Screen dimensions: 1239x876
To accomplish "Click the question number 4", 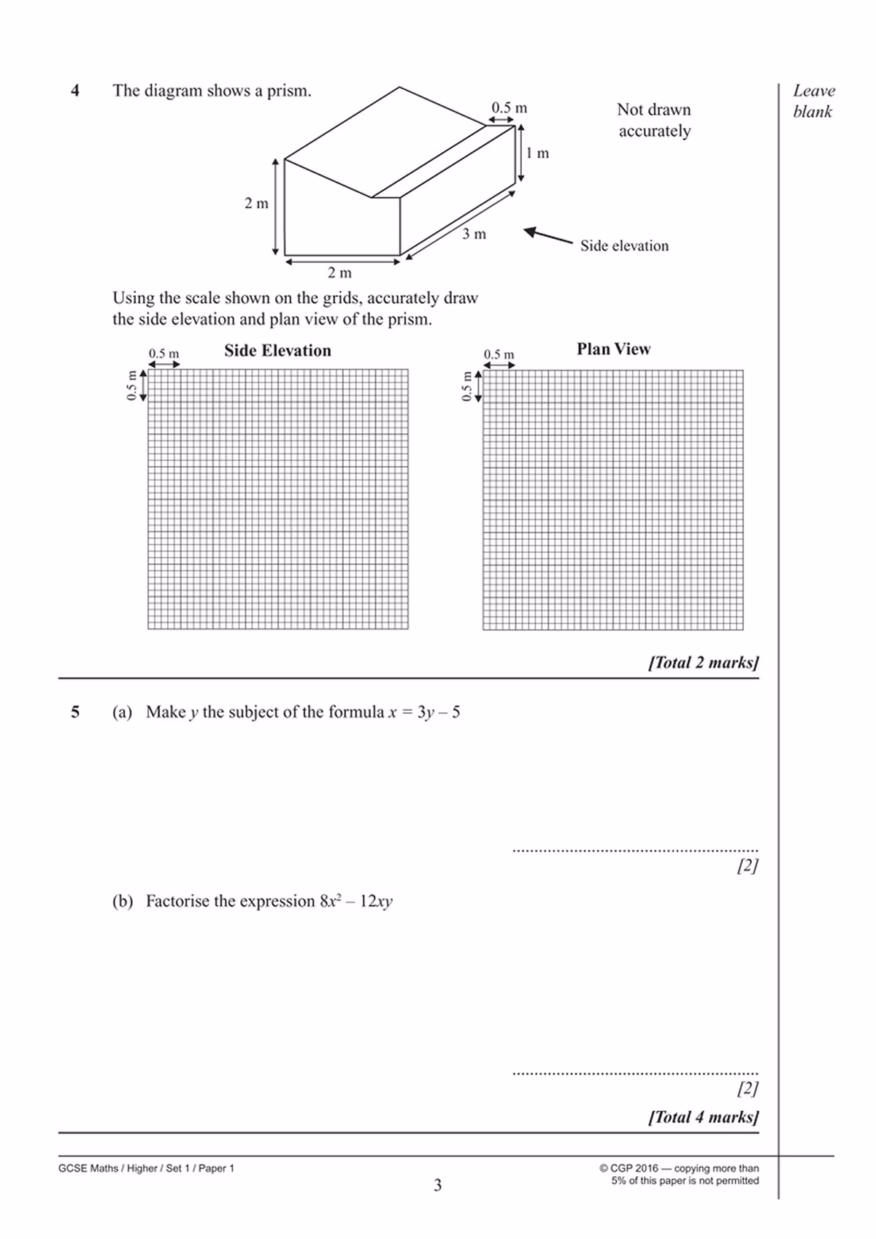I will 75,91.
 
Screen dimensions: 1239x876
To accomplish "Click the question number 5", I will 75,712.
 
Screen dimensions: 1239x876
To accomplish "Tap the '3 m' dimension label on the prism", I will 474,235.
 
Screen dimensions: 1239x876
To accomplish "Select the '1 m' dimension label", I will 537,153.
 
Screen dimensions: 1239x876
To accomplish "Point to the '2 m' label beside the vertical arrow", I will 256,204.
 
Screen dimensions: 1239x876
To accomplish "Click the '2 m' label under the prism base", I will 339,273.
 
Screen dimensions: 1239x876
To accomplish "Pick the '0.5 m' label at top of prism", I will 509,108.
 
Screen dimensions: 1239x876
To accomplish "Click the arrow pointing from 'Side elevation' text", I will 547,235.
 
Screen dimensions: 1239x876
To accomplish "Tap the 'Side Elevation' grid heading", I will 277,351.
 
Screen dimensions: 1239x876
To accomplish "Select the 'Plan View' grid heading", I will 613,349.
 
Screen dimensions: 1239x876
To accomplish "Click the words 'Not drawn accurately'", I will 654,121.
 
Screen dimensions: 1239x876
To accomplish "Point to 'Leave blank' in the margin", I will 813,102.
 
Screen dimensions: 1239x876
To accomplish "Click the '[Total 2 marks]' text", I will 703,663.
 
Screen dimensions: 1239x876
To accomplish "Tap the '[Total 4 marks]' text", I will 703,1117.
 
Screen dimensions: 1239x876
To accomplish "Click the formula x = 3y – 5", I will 424,712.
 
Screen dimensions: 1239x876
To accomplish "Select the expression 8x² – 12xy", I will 356,901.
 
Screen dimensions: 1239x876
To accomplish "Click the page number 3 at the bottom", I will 437,1185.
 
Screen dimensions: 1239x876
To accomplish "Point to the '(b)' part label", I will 123,901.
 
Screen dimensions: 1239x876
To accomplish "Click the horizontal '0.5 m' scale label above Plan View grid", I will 499,354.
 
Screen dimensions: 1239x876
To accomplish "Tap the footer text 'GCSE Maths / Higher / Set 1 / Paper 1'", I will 146,1168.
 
